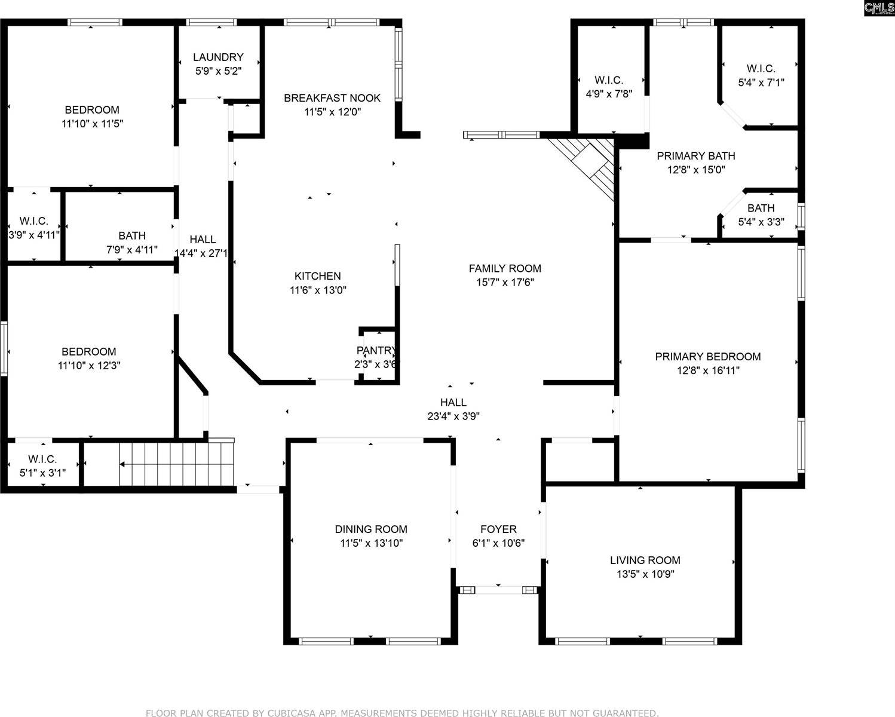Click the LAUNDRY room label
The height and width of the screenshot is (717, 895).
coord(218,57)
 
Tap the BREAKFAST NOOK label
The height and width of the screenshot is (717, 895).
coord(332,98)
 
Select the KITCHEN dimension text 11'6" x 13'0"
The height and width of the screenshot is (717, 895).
coord(318,290)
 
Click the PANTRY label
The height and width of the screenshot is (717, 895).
coord(376,350)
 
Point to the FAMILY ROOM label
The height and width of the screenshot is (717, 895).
coord(505,269)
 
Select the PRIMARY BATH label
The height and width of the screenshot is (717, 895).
coord(696,156)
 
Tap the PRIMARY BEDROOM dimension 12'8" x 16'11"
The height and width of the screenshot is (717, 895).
coord(708,370)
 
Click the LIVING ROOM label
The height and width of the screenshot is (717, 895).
coord(645,560)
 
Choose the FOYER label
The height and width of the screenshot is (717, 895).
coord(498,529)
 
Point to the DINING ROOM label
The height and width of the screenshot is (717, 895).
coord(371,529)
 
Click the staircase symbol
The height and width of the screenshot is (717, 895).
coord(176,464)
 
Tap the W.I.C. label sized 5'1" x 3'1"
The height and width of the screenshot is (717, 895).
coord(42,459)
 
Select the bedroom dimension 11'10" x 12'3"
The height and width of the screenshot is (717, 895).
coord(89,366)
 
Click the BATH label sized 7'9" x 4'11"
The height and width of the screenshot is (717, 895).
coord(132,236)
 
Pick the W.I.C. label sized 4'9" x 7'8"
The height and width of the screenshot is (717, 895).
coord(609,80)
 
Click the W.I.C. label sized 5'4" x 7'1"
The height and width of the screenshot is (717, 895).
coord(761,69)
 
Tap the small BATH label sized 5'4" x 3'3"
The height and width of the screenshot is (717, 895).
coord(761,209)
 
